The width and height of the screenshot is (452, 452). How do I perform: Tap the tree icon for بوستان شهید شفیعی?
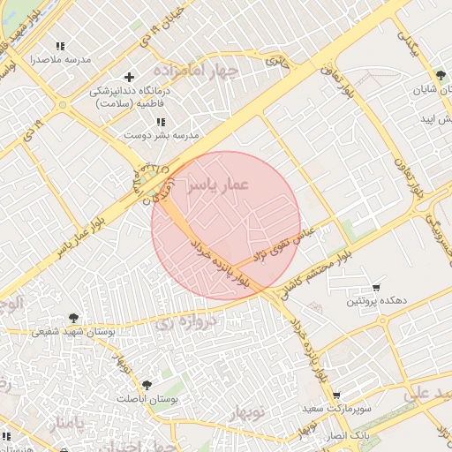point(73,319)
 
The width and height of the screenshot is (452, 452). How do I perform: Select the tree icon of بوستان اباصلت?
point(147,385)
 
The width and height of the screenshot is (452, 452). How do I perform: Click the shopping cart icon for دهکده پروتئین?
point(377,288)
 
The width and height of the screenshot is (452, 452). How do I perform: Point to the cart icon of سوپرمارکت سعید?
point(335,396)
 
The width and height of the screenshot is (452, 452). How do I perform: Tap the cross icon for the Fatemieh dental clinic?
point(130,77)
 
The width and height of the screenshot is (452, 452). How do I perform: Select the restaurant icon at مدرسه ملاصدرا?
point(60,46)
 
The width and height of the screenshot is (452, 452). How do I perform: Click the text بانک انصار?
point(346,436)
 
